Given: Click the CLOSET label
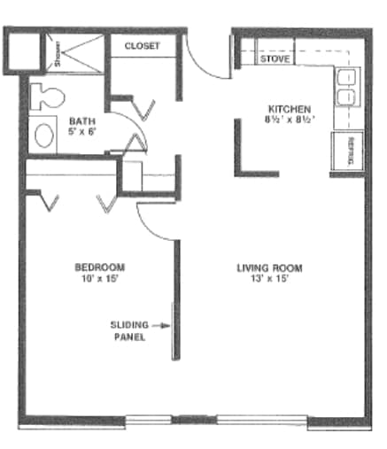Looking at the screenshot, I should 142,45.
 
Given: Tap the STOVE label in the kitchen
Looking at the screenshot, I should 275,59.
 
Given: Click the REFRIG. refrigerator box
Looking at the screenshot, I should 346,151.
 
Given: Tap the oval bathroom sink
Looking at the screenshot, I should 43,135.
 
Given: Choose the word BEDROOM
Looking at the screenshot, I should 98,267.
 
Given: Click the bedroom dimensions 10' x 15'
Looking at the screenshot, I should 98,278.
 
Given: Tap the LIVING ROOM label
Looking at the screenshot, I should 270,267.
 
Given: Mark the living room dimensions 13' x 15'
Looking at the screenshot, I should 270,278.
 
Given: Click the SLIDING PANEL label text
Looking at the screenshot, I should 129,331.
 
